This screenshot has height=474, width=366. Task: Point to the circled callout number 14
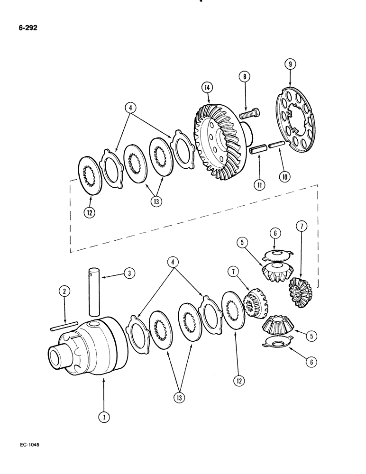pyautogui.click(x=206, y=88)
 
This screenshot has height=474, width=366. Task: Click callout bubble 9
pyautogui.click(x=289, y=64)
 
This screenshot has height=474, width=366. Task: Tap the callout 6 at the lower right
pyautogui.click(x=310, y=362)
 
